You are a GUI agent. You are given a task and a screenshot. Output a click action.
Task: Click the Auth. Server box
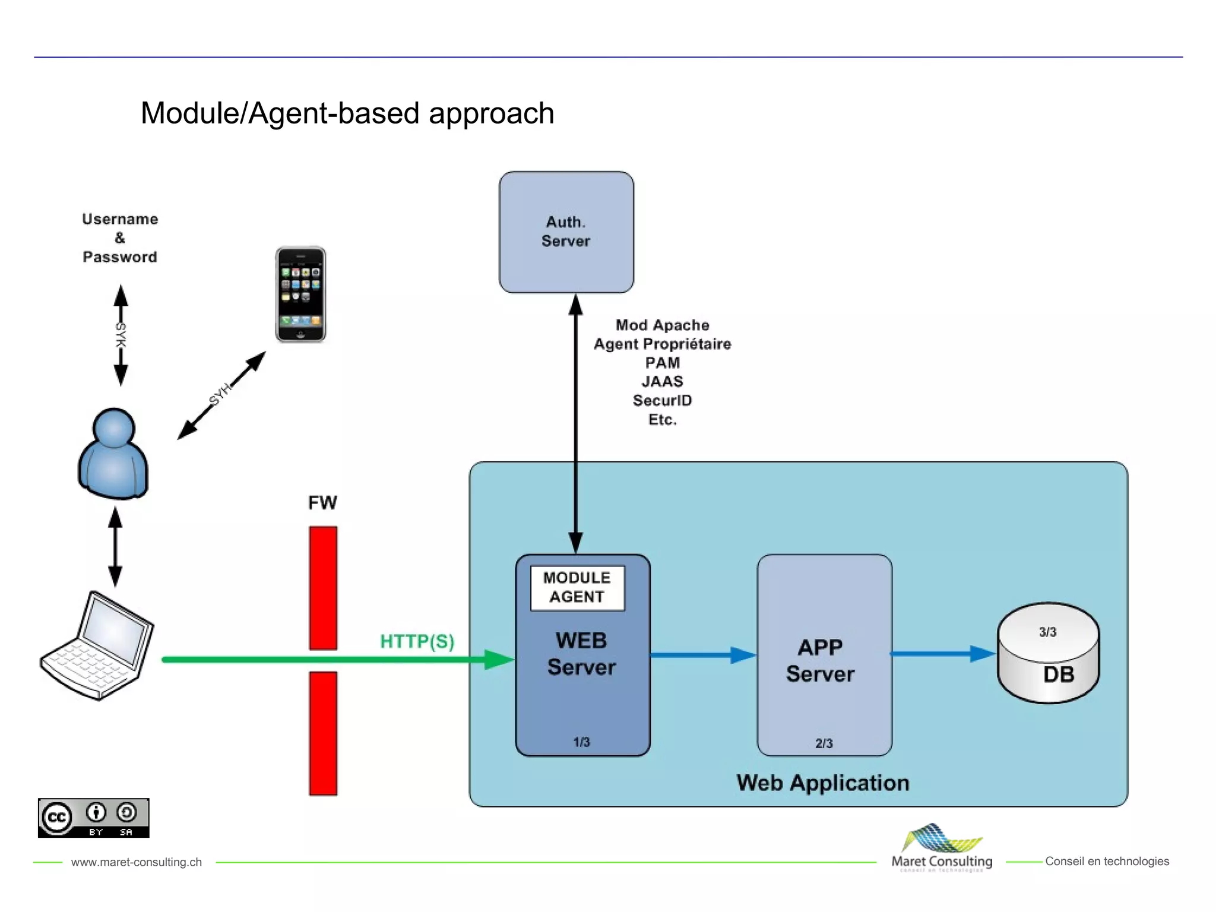tap(566, 232)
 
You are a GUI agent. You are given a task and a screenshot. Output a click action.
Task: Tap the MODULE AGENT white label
tap(577, 588)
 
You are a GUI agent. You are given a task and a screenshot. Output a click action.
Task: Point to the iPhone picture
tap(300, 294)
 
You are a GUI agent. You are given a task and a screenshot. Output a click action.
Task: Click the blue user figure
tap(113, 454)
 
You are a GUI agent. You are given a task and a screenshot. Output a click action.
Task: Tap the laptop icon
tap(97, 646)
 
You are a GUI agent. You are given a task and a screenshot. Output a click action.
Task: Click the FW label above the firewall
tap(322, 503)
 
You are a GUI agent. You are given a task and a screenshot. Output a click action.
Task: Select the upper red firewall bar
tap(323, 588)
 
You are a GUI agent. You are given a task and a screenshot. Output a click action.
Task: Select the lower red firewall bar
tap(323, 733)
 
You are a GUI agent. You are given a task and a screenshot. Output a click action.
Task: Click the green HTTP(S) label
tap(417, 641)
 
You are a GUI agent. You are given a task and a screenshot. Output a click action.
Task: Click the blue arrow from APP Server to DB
tap(942, 654)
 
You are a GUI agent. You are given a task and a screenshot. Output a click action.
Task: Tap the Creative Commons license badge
tap(93, 818)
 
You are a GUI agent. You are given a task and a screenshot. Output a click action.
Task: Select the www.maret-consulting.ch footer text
tap(137, 862)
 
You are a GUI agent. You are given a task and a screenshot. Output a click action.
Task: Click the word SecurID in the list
tap(662, 401)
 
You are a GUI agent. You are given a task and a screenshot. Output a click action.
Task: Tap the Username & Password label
tap(120, 238)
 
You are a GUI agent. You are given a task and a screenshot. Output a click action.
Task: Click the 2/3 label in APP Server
tap(824, 743)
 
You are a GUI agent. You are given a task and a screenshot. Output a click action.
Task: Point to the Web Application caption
tap(823, 783)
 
